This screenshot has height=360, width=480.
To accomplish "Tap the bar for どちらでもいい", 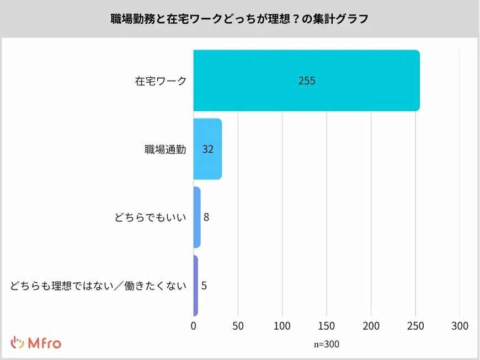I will point(197,217).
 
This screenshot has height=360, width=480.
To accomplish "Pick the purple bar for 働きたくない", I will point(195,286).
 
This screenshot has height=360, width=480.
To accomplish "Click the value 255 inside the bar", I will point(307,80).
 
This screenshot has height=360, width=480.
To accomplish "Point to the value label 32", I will point(208,149).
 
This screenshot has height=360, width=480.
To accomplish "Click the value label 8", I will point(206,217).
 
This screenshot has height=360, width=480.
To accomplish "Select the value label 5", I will point(204,286).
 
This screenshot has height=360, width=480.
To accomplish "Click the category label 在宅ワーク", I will point(161,81).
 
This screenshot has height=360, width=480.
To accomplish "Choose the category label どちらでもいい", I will point(150,218).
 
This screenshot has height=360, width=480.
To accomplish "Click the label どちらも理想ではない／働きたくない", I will point(98,286).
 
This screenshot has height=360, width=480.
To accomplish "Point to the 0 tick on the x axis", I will point(194,326).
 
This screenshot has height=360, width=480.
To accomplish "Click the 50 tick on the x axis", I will point(238,326).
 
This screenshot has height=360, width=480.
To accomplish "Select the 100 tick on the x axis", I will point(282,326).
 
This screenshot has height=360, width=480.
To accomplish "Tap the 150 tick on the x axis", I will point(327,326).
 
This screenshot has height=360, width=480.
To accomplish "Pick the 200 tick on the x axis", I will point(371,326).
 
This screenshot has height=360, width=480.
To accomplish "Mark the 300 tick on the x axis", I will point(460,326).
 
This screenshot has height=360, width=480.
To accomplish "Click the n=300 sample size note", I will point(327,344).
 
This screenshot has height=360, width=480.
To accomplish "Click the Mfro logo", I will point(36,342).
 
